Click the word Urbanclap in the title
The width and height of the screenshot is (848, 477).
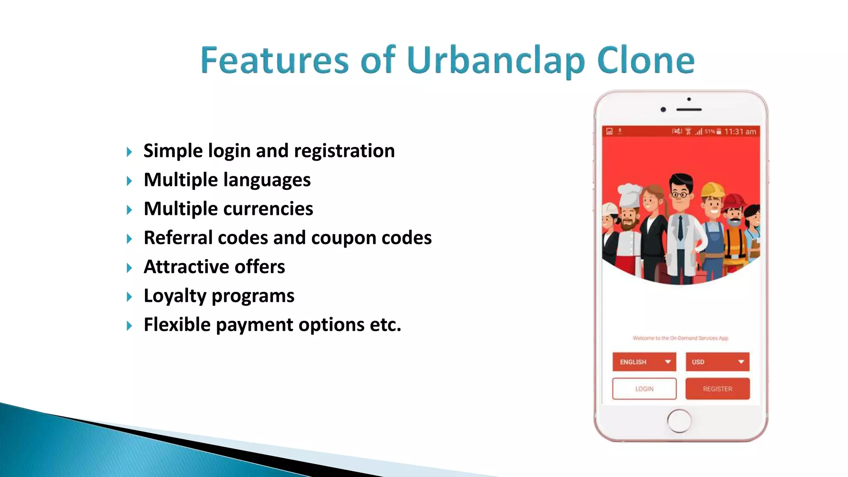(496, 61)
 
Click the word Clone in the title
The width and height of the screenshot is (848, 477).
(646, 61)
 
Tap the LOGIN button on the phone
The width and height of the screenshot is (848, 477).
(644, 389)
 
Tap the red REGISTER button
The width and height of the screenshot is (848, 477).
(717, 389)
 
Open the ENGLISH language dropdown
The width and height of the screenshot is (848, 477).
(644, 362)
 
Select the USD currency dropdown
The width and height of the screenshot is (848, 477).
(717, 362)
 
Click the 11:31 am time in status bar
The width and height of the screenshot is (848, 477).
(740, 132)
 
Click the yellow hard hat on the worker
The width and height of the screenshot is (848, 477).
(712, 189)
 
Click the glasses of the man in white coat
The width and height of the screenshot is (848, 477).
(679, 194)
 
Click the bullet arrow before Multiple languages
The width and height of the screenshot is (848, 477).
(129, 181)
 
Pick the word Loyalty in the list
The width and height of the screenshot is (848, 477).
(174, 296)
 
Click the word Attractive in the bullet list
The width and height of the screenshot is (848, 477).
(186, 267)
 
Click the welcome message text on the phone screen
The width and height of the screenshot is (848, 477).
(680, 338)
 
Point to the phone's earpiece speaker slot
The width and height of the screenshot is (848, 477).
(689, 110)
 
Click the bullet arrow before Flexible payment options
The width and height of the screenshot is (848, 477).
(129, 326)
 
